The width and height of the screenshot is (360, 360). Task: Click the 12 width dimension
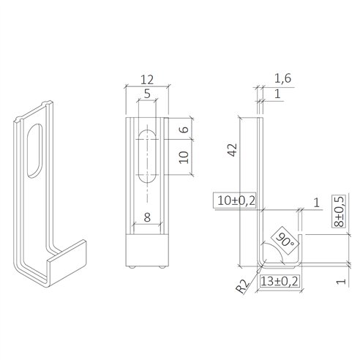click(x=146, y=78)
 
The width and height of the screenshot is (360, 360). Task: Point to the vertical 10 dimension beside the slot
click(x=184, y=157)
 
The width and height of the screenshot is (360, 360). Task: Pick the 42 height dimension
click(x=232, y=150)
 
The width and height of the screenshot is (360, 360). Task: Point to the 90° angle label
click(x=283, y=239)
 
